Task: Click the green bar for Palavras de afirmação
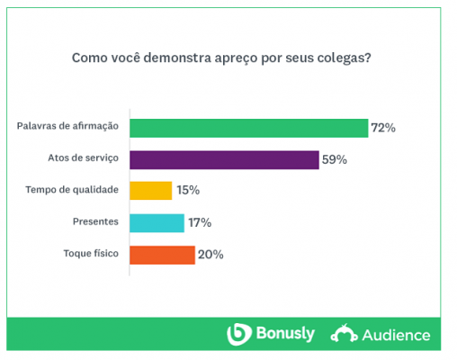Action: tap(248, 128)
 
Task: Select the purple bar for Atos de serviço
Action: tap(224, 159)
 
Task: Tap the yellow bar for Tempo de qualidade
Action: tap(150, 191)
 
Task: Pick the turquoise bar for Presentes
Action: tap(157, 222)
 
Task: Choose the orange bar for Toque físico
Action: tap(162, 255)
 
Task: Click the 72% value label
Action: tap(383, 128)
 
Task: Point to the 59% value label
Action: tap(335, 159)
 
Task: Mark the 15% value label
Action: tap(188, 191)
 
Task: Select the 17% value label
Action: tap(200, 222)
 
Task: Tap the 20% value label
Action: tap(211, 255)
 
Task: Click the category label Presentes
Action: tap(95, 222)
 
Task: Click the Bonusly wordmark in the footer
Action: tap(284, 334)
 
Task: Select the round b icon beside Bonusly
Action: tap(238, 334)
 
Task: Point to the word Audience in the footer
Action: tap(396, 335)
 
